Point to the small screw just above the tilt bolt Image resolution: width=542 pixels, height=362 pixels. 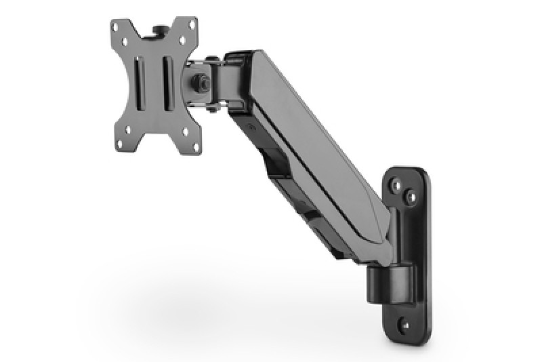point(213,60)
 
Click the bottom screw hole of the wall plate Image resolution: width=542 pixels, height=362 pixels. point(406,323)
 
